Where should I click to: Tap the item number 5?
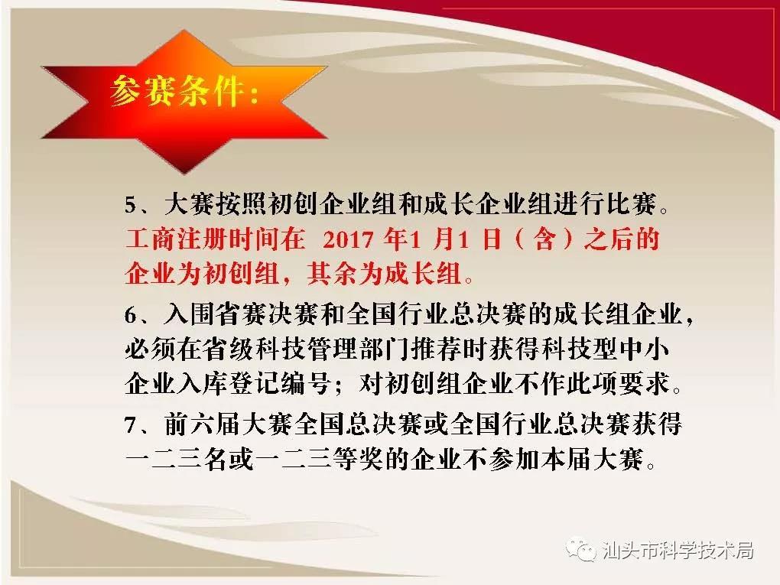131,205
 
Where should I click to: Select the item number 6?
131,316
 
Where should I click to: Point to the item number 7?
131,425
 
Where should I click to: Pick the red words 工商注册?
177,239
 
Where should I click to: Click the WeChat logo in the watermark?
580,549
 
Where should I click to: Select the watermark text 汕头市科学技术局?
678,550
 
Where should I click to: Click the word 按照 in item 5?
242,204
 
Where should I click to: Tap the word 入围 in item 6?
190,314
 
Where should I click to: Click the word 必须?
151,349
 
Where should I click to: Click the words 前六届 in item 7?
203,424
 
